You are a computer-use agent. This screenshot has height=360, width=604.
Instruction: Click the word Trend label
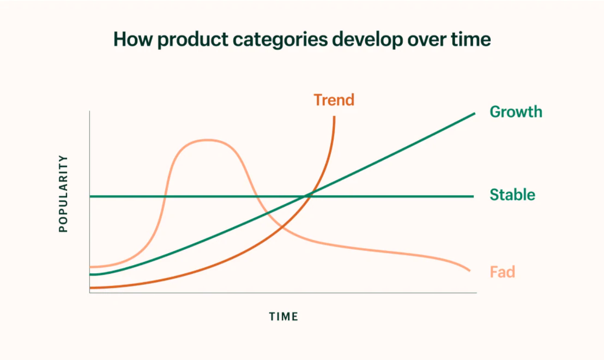pos(334,100)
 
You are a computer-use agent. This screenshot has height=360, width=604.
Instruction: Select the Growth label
pos(516,112)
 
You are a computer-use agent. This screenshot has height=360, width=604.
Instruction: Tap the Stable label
pos(512,195)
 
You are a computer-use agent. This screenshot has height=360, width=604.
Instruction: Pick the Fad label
pos(502,272)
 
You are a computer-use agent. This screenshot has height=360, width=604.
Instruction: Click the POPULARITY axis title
pos(63,194)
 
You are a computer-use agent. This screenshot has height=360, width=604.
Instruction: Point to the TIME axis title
pos(283,316)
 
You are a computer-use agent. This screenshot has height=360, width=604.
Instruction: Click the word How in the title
pos(132,39)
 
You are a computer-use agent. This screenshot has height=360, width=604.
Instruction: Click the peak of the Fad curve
pos(207,140)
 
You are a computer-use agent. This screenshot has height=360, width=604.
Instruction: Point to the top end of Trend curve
pos(334,117)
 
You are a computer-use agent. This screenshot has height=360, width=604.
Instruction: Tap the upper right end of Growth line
pos(475,113)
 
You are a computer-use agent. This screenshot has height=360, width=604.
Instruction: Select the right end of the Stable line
pos(473,196)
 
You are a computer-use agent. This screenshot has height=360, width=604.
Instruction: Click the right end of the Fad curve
pos(470,271)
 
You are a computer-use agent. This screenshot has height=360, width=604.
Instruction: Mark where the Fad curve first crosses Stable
pos(165,196)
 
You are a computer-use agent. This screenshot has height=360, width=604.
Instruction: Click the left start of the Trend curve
pos(90,287)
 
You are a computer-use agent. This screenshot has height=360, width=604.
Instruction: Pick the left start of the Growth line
pos(90,274)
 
